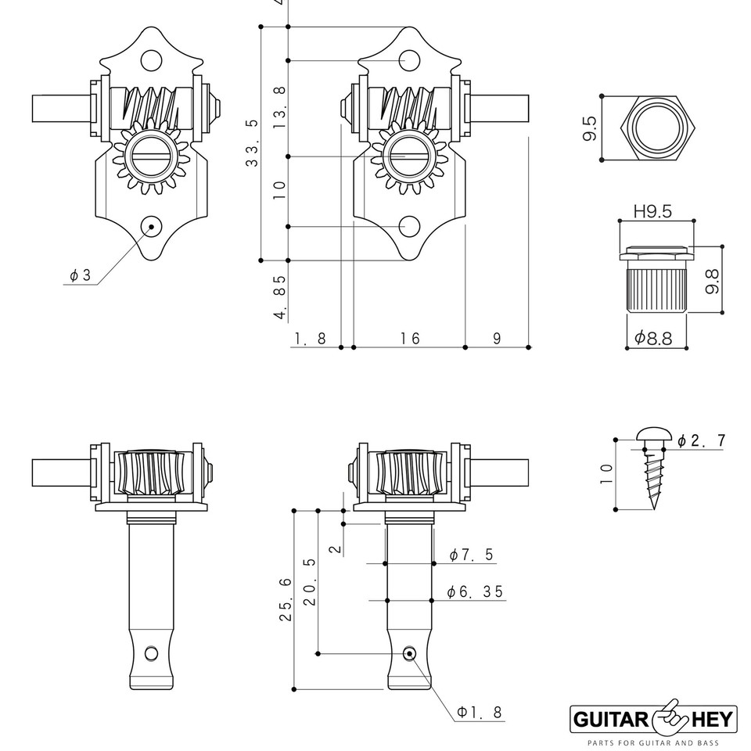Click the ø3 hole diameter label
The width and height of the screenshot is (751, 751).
pos(80,275)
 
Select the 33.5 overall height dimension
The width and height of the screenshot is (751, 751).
pos(252,142)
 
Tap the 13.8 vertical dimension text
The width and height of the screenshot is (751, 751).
pos(279,102)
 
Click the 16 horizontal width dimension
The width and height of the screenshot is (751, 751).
pos(410,338)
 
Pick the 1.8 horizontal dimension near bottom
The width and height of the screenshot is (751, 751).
pos(308,338)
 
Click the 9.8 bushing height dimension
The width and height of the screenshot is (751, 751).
pos(710,278)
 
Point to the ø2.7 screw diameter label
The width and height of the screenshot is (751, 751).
pos(701,441)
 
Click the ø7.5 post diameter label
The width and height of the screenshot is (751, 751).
pos(472,555)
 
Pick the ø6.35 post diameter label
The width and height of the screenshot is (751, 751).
pos(475,592)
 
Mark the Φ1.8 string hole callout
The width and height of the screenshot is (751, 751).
pos(480,712)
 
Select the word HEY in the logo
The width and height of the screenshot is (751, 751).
pos(707,717)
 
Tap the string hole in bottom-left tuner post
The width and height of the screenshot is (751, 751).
pos(152,652)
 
